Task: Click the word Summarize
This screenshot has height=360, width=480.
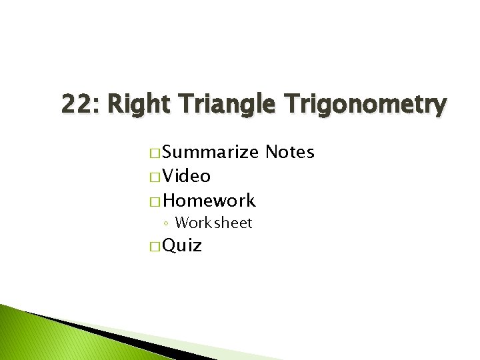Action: pyautogui.click(x=211, y=153)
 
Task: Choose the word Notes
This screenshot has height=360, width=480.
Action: pyautogui.click(x=289, y=153)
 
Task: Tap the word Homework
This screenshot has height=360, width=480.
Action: pyautogui.click(x=209, y=201)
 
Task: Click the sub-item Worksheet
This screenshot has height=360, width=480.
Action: pyautogui.click(x=213, y=223)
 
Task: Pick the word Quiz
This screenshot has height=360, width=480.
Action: pyautogui.click(x=182, y=246)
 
